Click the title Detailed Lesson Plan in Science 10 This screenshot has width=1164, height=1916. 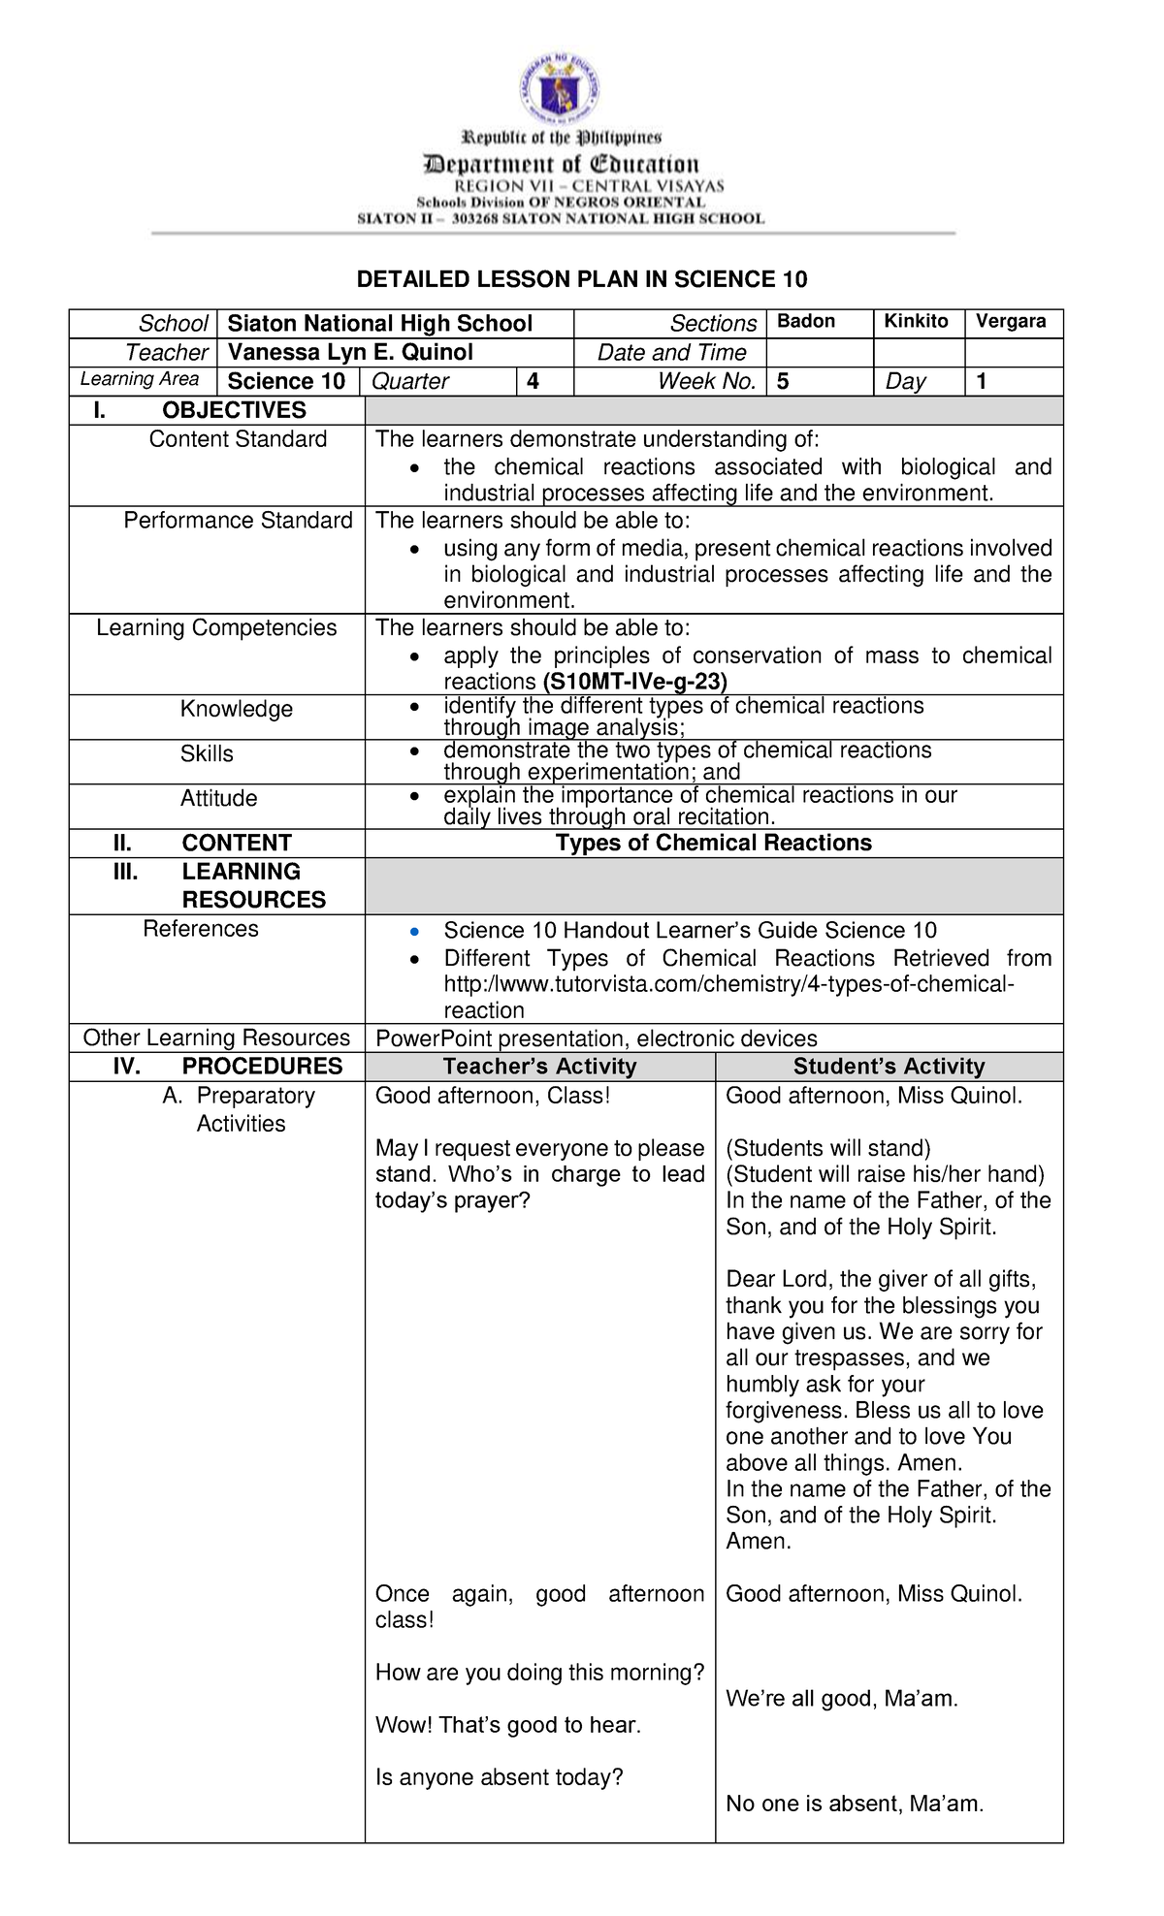coord(581,280)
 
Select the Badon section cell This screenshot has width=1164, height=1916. coord(806,322)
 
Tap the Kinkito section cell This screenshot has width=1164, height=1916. coord(916,322)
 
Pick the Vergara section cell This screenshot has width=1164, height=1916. coord(1011,322)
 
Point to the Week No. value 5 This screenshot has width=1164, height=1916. coord(783,381)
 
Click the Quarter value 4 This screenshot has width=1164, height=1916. coord(533,381)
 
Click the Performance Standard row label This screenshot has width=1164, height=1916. coord(238,521)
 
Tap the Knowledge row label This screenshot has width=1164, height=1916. coord(236,709)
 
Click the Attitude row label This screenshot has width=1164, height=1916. coord(218,798)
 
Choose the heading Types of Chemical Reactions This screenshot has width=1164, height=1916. coord(713,843)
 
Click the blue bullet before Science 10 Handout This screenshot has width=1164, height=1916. coord(415,932)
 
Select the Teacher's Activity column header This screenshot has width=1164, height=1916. coord(539,1067)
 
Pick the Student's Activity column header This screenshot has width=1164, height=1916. coord(889,1067)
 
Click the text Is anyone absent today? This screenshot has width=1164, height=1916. coord(499,1777)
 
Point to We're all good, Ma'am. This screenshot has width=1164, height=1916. coord(841,1699)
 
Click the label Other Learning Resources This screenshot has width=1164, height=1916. coord(216,1038)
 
